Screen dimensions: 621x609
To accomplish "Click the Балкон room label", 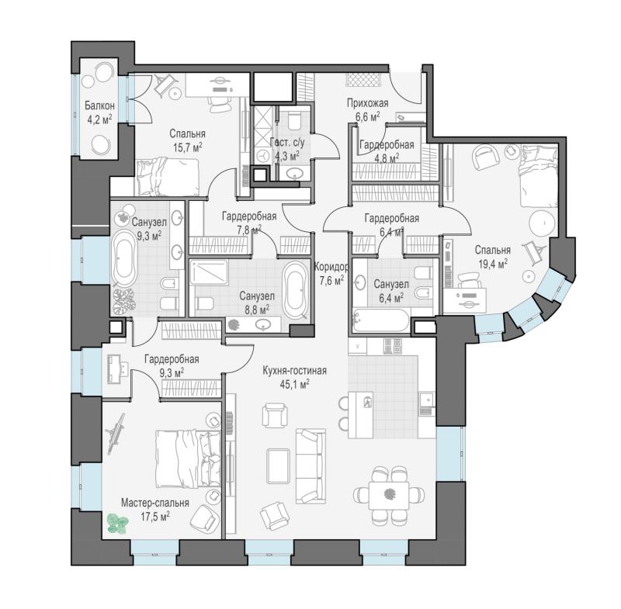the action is tap(99, 106).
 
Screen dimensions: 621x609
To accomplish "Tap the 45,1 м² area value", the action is tap(294, 383).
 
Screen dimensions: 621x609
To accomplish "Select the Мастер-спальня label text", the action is tap(154, 503).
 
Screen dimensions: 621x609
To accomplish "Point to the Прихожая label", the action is tap(367, 103).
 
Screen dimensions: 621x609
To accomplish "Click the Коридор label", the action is tap(331, 267).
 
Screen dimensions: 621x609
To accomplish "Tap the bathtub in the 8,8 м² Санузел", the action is tap(295, 289).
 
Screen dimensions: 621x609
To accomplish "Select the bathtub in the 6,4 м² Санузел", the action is tap(380, 320).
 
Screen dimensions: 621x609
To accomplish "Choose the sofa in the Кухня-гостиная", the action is tap(311, 466).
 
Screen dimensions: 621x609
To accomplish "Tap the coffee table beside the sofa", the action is tap(279, 465).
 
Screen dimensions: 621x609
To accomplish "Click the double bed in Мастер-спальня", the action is tap(188, 458).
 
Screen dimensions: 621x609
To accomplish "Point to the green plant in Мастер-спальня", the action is tap(118, 524).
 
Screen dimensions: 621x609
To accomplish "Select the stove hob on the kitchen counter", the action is tap(393, 346).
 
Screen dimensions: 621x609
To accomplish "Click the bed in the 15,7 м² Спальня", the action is tap(167, 177).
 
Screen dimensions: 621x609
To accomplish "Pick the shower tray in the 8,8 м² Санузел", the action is tap(209, 272).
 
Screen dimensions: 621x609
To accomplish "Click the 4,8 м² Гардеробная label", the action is tap(387, 151).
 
